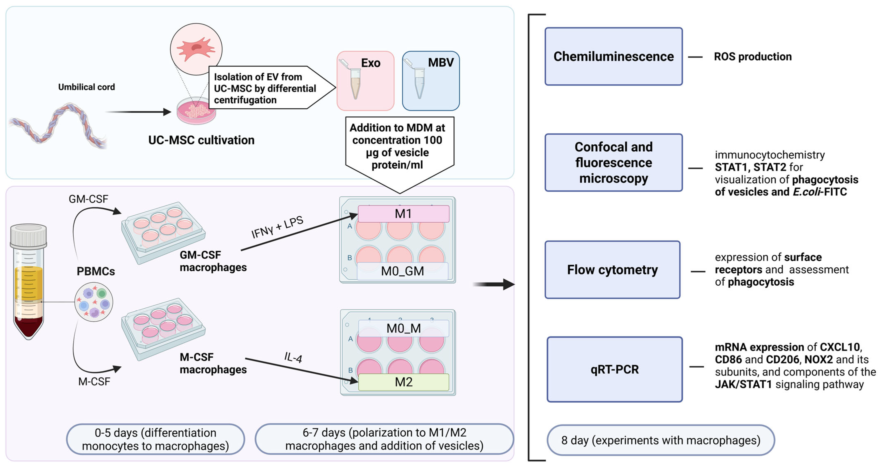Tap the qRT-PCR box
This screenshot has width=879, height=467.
coord(615,369)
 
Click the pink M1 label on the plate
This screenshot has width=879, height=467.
coord(403,214)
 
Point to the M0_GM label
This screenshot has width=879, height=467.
coord(402,271)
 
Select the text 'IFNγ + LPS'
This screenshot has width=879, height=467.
coord(277,227)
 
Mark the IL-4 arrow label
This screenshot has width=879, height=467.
coord(293,357)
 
